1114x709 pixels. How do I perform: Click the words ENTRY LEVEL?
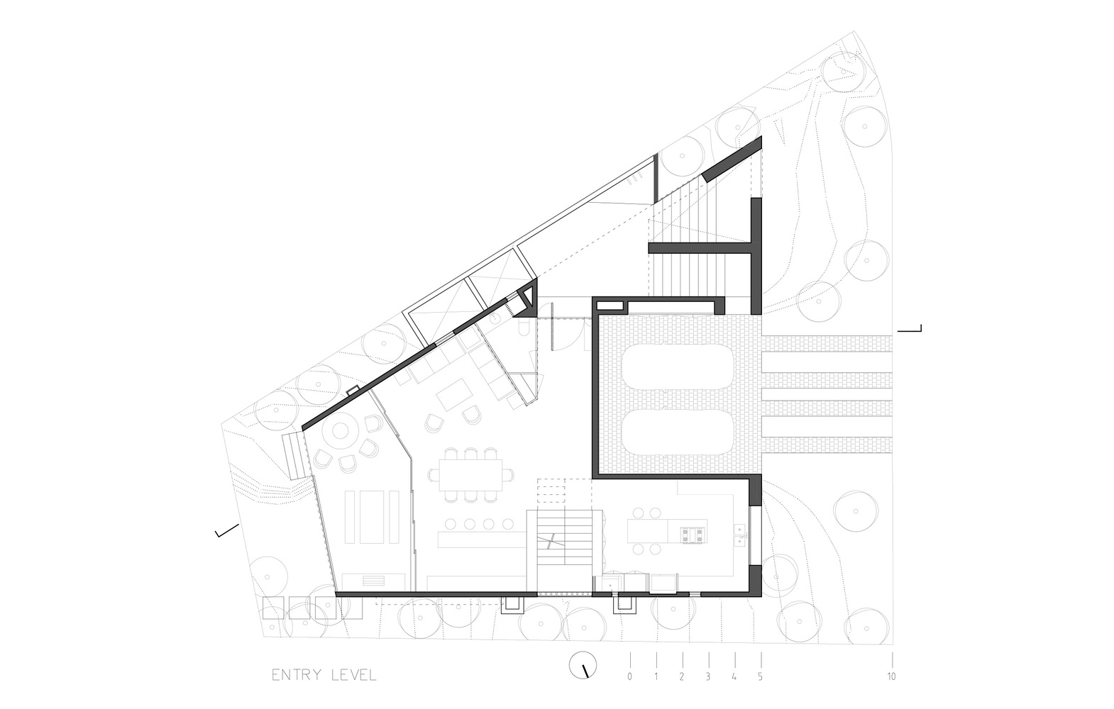[324, 675]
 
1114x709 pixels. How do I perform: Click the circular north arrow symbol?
[583, 665]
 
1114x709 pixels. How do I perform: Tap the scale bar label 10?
[891, 676]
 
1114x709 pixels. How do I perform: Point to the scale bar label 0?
[629, 676]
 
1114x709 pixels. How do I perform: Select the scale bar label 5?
[760, 676]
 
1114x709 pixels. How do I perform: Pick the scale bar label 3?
[707, 676]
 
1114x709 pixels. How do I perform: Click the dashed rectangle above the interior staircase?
[564, 494]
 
